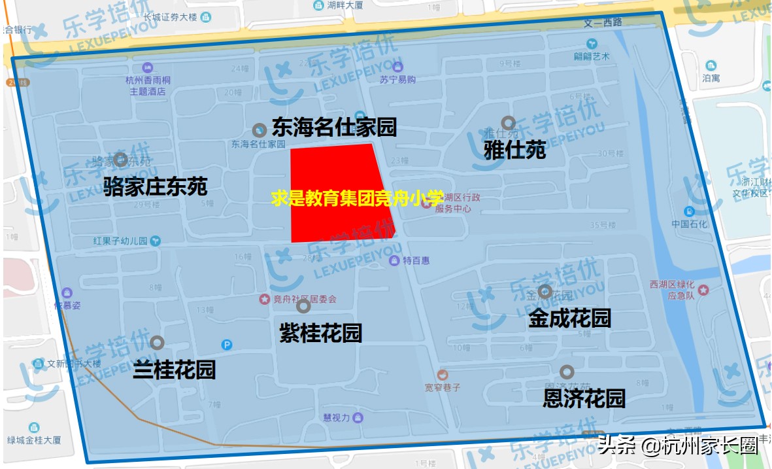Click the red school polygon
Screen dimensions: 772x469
coord(333,177)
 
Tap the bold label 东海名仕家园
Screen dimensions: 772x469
coord(334,127)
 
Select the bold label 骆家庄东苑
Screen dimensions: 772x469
coord(156,187)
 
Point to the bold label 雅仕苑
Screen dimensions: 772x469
coord(514,150)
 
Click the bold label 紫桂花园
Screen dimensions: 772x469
coord(320,334)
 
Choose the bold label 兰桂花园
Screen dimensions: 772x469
coord(174,370)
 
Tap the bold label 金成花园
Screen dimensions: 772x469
coord(569,319)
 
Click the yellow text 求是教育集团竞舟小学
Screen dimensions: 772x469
coord(357,198)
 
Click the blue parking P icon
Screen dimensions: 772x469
coord(227,345)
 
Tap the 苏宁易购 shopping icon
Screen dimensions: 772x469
coord(398,67)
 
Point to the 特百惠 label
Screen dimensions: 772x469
coord(416,261)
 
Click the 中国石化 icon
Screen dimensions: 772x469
coord(689,211)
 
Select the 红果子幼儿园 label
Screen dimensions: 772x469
coord(120,241)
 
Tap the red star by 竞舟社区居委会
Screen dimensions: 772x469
coord(264,299)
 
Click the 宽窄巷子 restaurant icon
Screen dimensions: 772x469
coord(443,374)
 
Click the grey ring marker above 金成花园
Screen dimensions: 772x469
coord(545,292)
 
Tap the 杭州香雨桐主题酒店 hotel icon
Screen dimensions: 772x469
coord(147,67)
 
